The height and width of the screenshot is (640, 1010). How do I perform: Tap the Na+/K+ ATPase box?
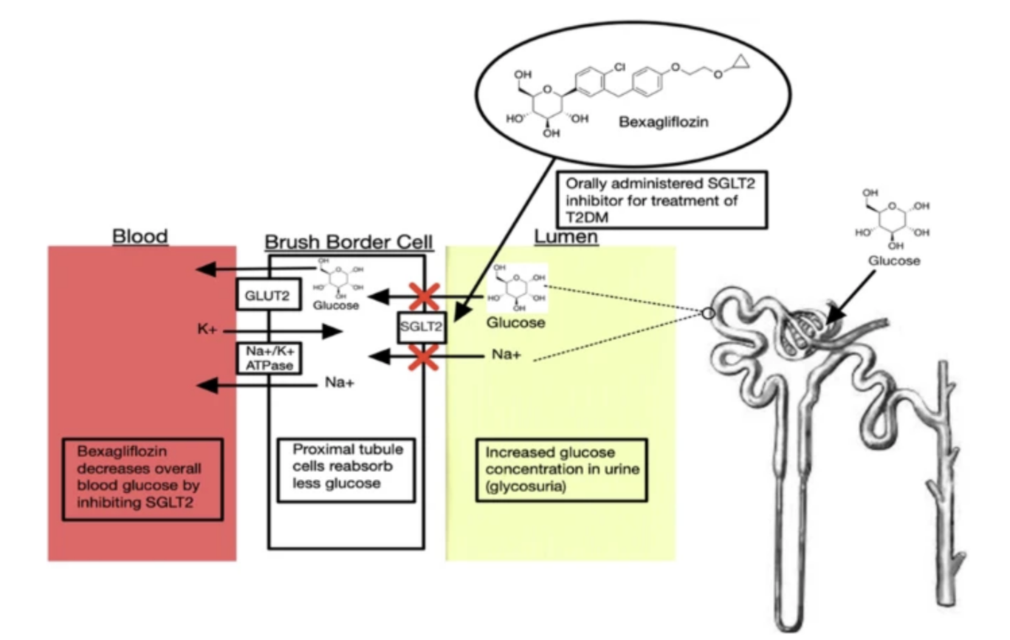point(269,358)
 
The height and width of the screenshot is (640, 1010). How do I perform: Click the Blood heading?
point(140,236)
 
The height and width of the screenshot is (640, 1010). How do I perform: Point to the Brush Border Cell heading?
point(348,242)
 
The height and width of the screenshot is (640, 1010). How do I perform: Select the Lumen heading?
point(566,236)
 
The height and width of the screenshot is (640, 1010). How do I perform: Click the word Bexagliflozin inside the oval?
point(664,122)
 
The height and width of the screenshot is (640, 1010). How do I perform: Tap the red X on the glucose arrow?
point(424,297)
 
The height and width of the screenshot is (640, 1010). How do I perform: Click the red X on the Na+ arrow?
point(424,358)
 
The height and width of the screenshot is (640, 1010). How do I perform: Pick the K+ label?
point(207,330)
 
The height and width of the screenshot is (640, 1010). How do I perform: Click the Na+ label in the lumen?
point(506,355)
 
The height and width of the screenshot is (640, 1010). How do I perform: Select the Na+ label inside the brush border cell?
point(339,383)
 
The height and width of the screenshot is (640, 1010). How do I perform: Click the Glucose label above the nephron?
point(893,260)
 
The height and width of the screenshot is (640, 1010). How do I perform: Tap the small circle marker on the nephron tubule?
point(709,313)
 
